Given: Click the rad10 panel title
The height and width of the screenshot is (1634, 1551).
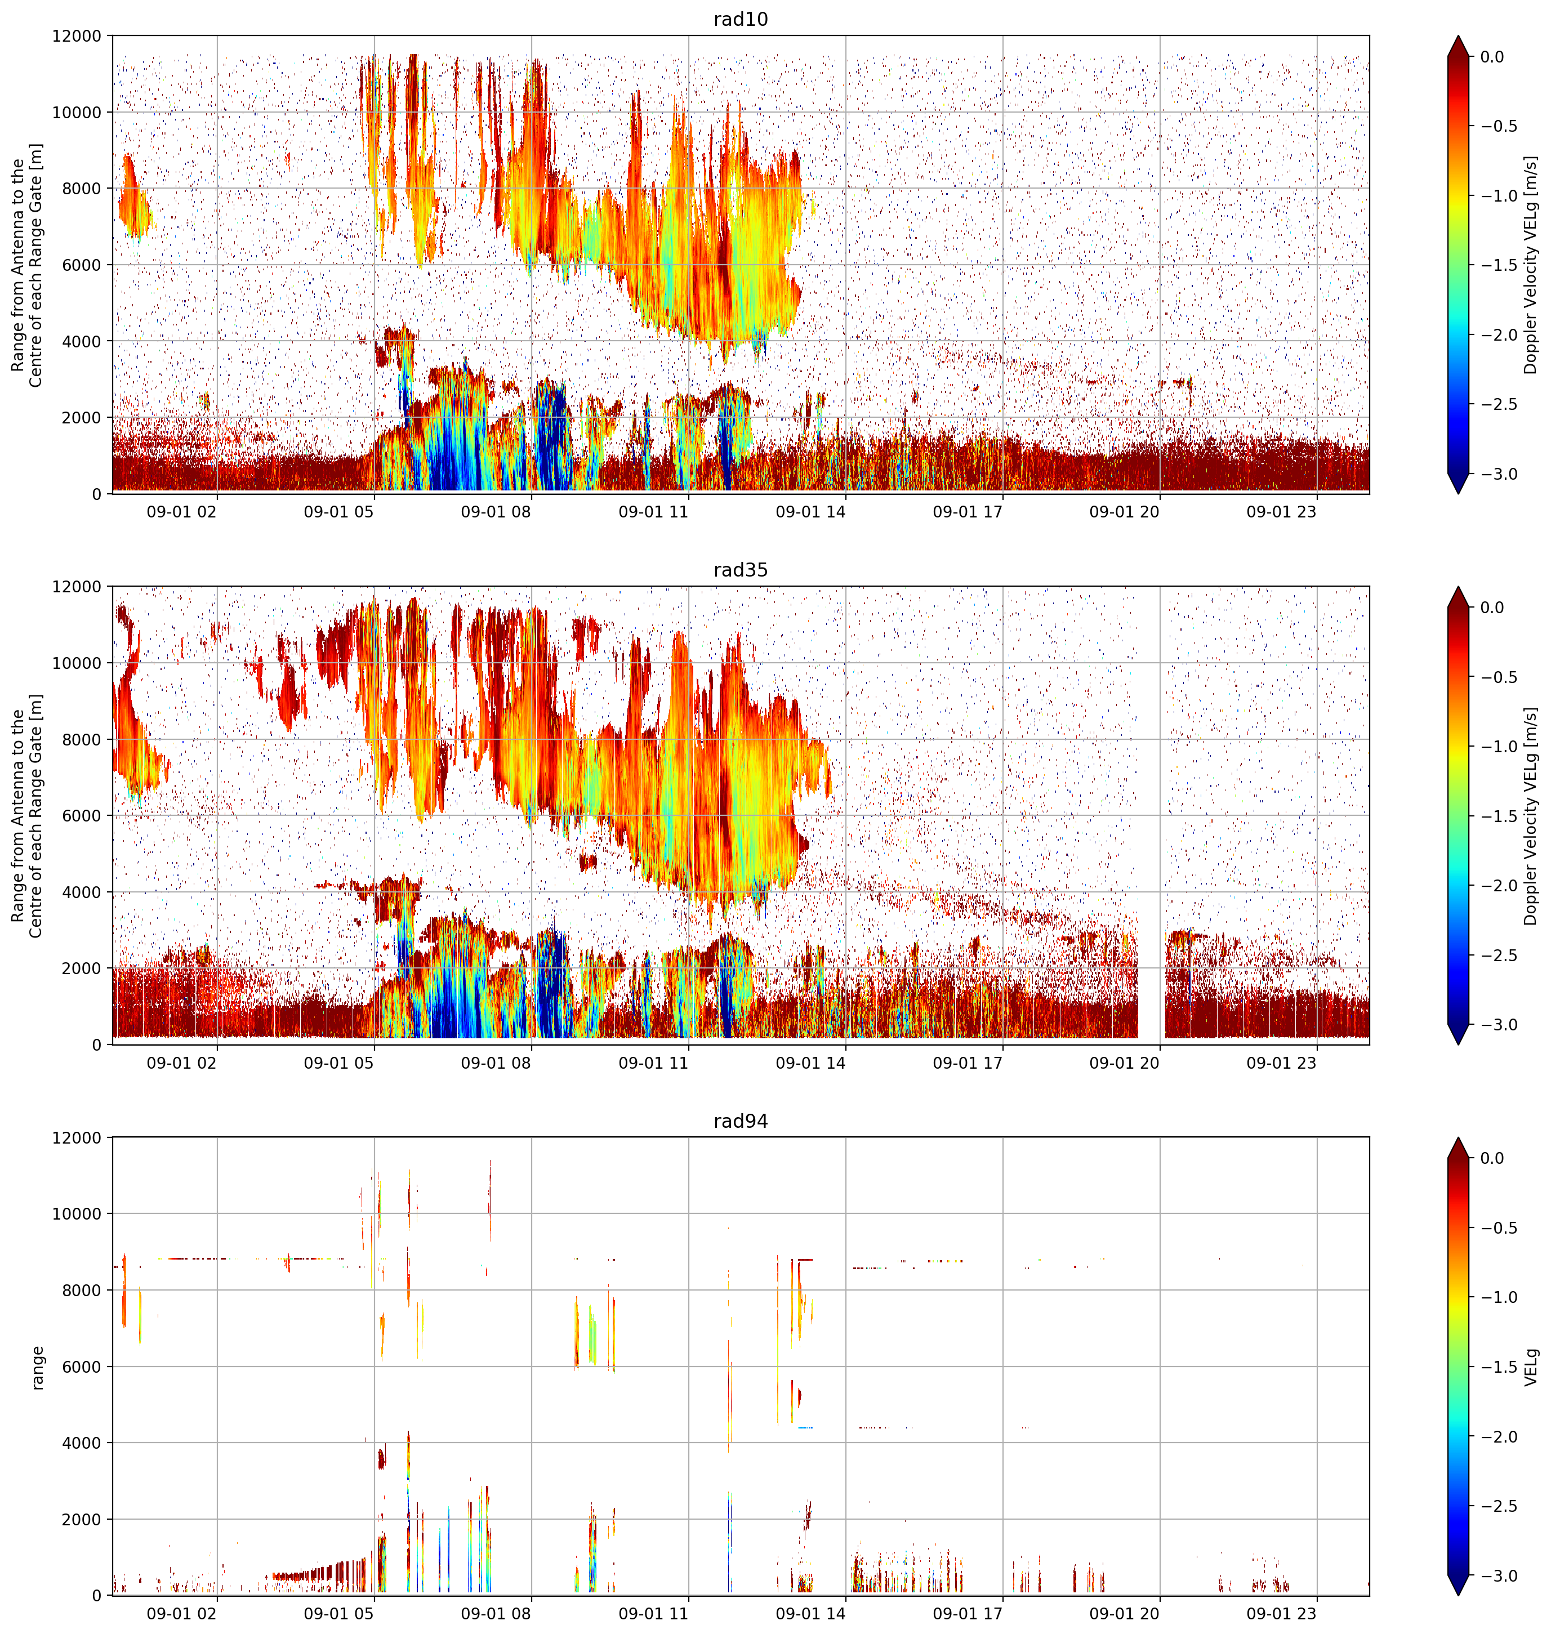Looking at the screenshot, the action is [740, 19].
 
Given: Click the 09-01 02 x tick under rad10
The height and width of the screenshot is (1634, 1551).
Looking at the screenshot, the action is [182, 512].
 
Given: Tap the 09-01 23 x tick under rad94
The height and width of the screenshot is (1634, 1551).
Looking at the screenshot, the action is [1281, 1613].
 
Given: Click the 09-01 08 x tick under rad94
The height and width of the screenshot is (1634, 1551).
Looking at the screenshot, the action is [496, 1613].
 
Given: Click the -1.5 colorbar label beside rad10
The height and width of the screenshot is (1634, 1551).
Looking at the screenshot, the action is [1498, 265].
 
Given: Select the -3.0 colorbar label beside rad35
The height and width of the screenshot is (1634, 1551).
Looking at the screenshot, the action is [1498, 1024].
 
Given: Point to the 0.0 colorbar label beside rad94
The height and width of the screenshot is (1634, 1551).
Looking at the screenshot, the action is [1492, 1158].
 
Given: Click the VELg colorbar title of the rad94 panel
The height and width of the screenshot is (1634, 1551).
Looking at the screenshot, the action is [1532, 1367].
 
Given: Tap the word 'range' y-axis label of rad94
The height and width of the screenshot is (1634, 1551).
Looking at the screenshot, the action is [37, 1367].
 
